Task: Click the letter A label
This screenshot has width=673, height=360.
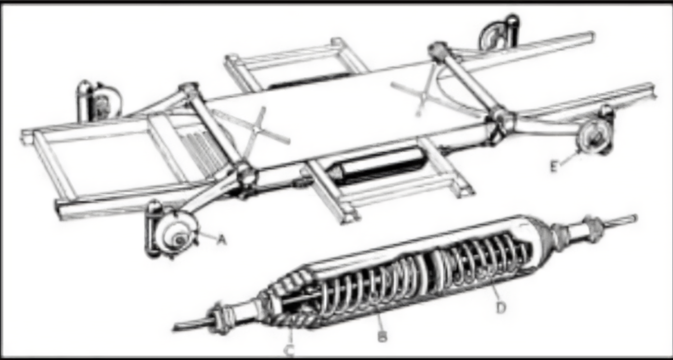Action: coord(222,239)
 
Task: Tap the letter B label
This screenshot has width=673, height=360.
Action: coord(382,336)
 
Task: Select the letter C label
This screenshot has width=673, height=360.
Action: coord(289,350)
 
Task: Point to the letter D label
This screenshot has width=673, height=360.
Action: coord(501,307)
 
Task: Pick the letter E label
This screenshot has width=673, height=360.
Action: coord(554,166)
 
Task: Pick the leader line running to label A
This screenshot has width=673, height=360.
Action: coord(207,235)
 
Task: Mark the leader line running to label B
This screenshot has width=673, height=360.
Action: coord(378,321)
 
